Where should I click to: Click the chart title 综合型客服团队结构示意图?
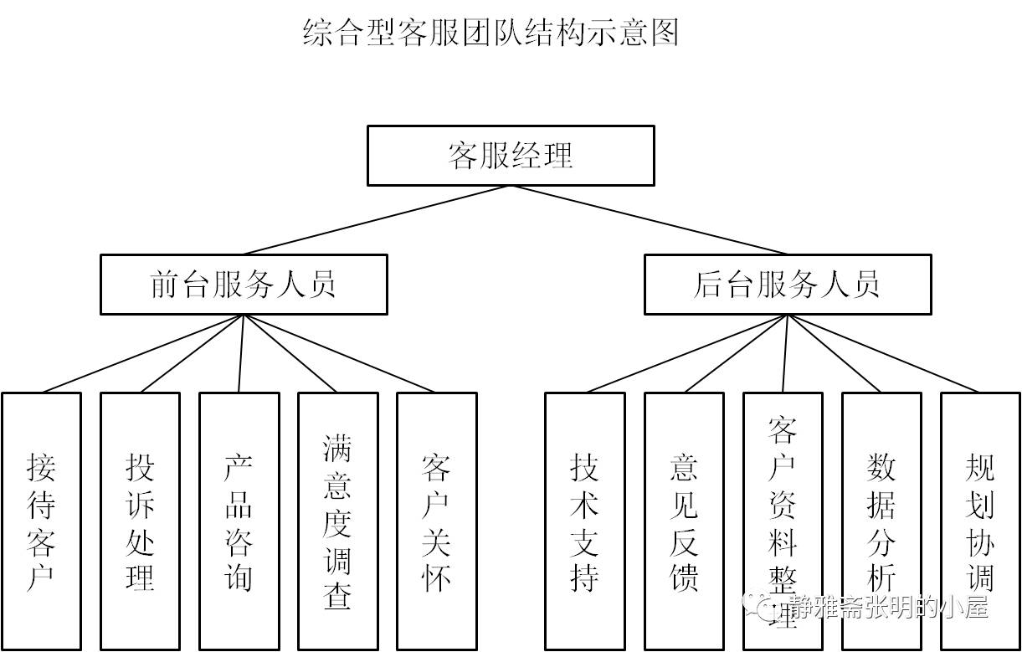click(490, 33)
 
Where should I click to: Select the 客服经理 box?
click(511, 156)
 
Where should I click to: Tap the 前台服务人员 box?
click(244, 285)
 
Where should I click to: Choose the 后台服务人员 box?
click(788, 285)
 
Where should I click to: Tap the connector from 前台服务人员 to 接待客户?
click(142, 353)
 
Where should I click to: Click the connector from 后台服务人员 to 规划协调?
click(884, 353)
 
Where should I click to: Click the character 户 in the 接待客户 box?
click(41, 578)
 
